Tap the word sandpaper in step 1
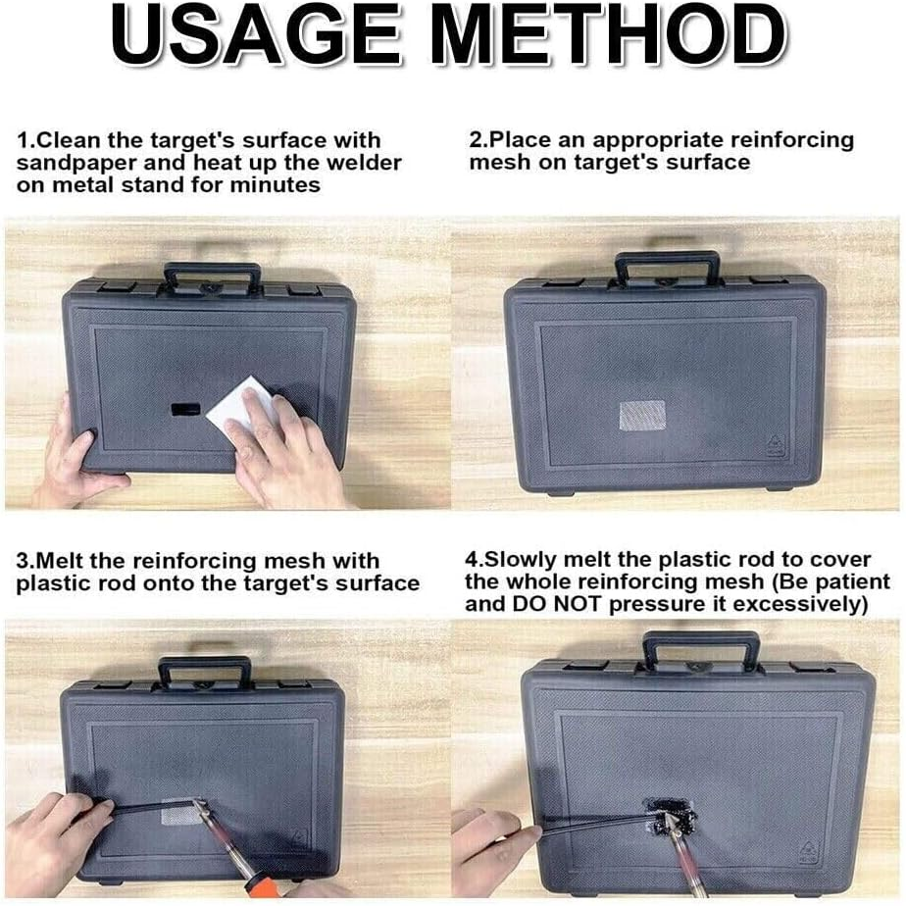point(75,164)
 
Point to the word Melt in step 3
point(63,561)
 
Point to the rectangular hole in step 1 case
point(186,410)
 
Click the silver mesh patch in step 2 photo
point(642,416)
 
